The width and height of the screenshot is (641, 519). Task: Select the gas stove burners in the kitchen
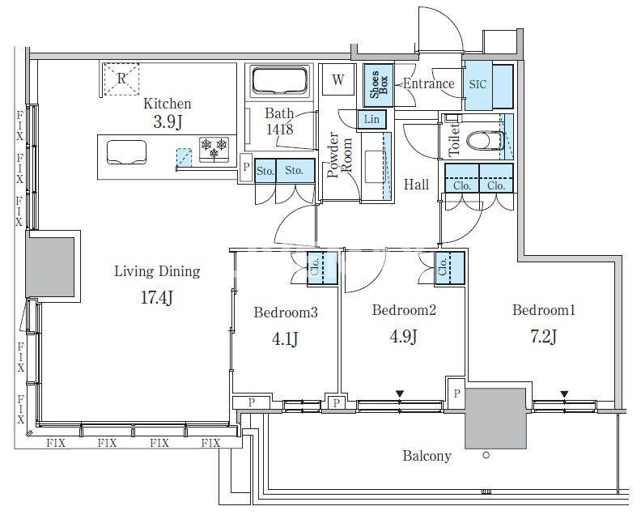point(214,148)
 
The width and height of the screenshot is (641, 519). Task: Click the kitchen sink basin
point(127,152)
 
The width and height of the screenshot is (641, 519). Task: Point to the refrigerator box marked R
point(121,79)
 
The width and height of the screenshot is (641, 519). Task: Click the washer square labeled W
point(337,79)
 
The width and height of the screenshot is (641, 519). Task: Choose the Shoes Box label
point(379,85)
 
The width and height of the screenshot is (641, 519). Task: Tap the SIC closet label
point(478,85)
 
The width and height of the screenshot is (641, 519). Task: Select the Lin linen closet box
point(371,120)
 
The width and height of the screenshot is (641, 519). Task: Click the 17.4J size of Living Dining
point(156,298)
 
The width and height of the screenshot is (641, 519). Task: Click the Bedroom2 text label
point(404,310)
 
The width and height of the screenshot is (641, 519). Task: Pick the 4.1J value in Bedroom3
point(285,338)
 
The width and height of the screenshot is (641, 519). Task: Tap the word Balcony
point(427,456)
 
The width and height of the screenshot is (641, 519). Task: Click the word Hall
point(416,185)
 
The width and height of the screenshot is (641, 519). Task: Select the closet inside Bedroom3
point(322,268)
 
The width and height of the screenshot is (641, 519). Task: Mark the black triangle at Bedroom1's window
point(564,394)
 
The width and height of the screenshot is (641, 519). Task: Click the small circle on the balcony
point(486,455)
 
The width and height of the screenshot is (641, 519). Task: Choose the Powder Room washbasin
point(376,167)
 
